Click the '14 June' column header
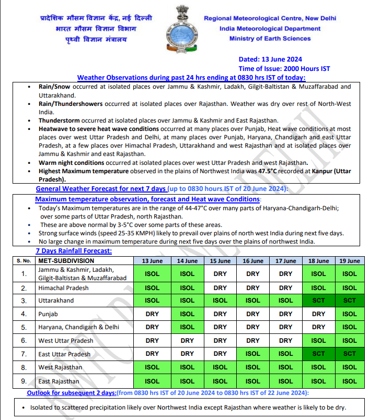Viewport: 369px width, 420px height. (x=187, y=261)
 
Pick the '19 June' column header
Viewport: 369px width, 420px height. (x=350, y=261)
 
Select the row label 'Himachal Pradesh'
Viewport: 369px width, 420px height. (x=63, y=288)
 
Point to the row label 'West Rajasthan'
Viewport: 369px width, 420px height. (x=60, y=368)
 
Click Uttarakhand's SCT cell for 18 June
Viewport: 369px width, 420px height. (x=318, y=301)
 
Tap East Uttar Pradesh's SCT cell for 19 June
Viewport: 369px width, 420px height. (x=350, y=354)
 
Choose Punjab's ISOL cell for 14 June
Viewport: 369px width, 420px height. (x=187, y=314)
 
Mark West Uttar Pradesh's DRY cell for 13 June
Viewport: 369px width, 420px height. (x=152, y=341)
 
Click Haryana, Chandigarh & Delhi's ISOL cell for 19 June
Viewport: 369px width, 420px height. (x=350, y=327)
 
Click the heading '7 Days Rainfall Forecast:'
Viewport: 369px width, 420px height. (x=74, y=251)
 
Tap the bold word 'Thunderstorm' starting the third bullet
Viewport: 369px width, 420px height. (x=59, y=121)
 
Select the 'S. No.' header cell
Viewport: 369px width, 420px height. (x=24, y=261)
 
